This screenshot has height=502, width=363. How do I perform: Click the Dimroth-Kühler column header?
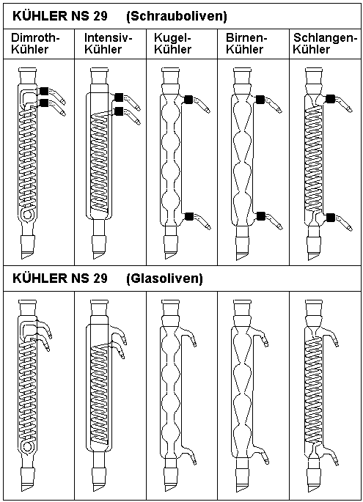35,43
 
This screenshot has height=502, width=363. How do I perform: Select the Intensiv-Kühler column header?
109,43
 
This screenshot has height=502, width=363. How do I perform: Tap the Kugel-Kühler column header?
172,43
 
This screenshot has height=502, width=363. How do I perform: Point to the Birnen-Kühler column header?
246,43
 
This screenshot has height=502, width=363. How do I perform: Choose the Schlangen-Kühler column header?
325,43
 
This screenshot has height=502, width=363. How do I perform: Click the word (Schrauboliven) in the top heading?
177,16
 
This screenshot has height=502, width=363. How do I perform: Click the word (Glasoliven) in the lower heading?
164,278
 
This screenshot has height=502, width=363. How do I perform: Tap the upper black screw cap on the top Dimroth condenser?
44,92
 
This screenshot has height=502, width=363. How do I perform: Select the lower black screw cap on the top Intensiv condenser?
119,111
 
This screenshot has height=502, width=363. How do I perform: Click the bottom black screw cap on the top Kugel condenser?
190,216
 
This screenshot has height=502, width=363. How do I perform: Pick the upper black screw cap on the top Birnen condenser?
260,100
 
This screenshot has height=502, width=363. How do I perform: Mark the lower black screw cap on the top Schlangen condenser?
330,218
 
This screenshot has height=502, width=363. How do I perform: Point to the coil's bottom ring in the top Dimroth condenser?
27,215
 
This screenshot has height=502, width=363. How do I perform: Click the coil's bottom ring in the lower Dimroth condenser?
27,446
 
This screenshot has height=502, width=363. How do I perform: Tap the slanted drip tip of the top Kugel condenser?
170,256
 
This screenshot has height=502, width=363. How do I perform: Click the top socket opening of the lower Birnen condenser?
242,301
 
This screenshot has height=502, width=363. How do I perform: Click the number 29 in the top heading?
100,16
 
